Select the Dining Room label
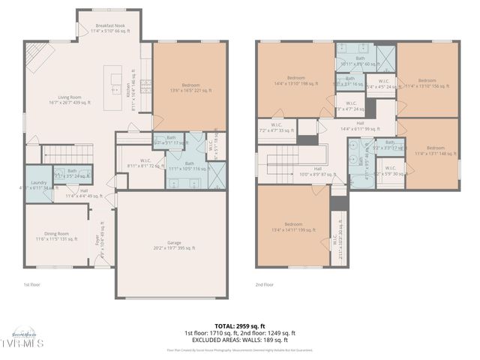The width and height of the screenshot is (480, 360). [56, 235]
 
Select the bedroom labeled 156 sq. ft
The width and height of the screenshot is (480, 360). [426, 82]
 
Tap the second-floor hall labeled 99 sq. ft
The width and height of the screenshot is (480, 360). [360, 126]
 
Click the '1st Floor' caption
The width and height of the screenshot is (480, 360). [32, 285]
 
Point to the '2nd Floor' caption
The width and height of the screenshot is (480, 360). [264, 285]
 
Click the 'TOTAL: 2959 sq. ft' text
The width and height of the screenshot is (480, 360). [239, 325]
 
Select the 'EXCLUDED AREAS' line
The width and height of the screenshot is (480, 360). [239, 340]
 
